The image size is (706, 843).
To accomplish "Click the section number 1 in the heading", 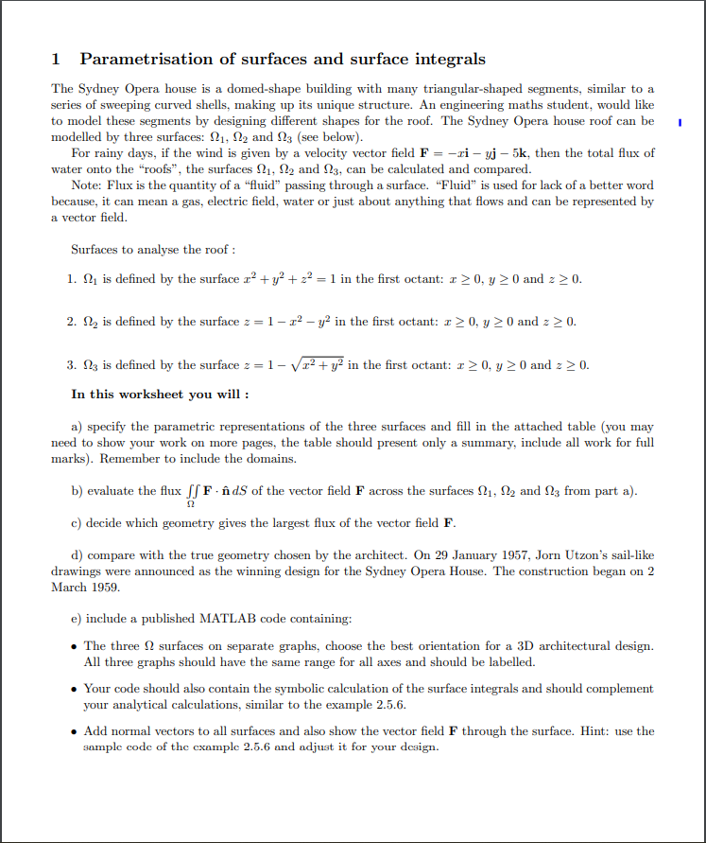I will pyautogui.click(x=56, y=60).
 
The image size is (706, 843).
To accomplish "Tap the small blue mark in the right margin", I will pyautogui.click(x=679, y=122).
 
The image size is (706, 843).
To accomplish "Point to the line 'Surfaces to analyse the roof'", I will pyautogui.click(x=153, y=250).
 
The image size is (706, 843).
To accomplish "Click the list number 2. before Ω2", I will pyautogui.click(x=72, y=322).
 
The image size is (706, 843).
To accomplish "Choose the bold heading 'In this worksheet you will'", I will pyautogui.click(x=161, y=395).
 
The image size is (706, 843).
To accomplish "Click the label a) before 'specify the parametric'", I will pyautogui.click(x=77, y=426).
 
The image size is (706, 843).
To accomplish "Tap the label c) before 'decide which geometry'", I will pyautogui.click(x=77, y=523).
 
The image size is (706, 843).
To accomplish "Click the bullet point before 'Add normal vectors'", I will pyautogui.click(x=75, y=731).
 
